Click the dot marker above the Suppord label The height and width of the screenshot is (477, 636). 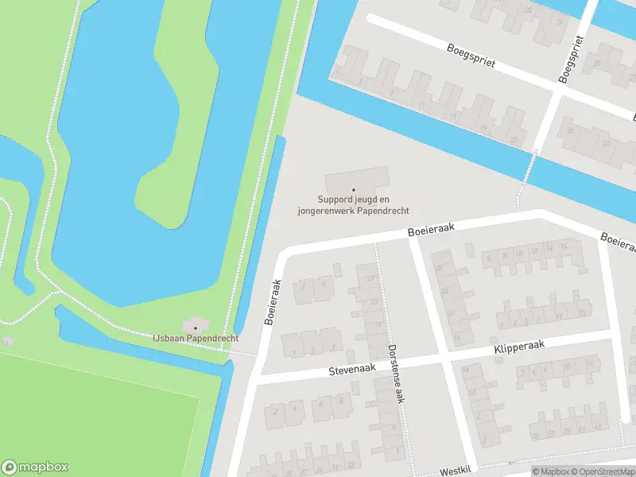tap(354, 189)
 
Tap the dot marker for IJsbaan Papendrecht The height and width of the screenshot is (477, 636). tap(195, 328)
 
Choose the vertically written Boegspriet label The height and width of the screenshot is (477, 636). tap(568, 59)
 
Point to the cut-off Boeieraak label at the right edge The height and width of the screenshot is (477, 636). tap(619, 241)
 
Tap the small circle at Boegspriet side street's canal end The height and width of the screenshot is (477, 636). tap(537, 151)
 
